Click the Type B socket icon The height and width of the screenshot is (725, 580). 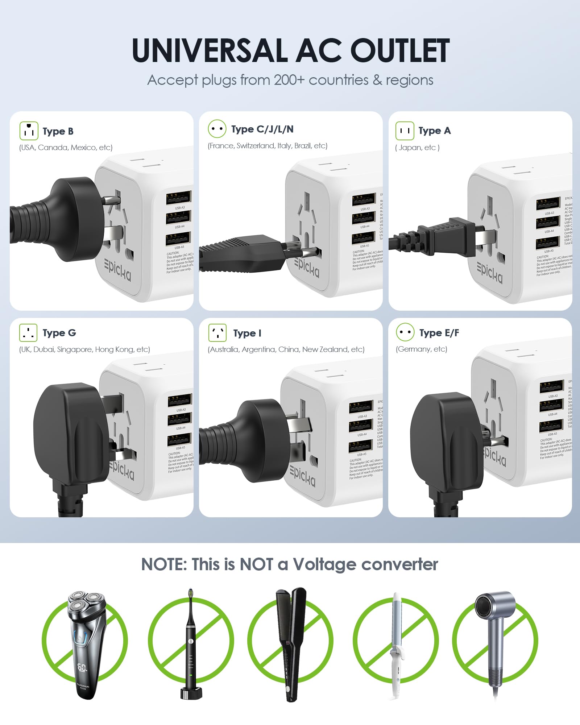point(29,131)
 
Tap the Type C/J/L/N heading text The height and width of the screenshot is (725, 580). point(262,129)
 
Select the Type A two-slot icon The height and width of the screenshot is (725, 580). point(405,131)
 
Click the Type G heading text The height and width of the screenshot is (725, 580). point(59,333)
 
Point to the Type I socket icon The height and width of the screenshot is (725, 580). point(217,333)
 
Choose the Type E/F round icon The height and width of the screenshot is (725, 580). point(405,332)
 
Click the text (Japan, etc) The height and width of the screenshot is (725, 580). point(417,148)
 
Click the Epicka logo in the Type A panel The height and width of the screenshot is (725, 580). point(490,272)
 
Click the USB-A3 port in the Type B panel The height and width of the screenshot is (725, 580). point(179,198)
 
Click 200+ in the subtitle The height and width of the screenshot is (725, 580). point(289,80)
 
